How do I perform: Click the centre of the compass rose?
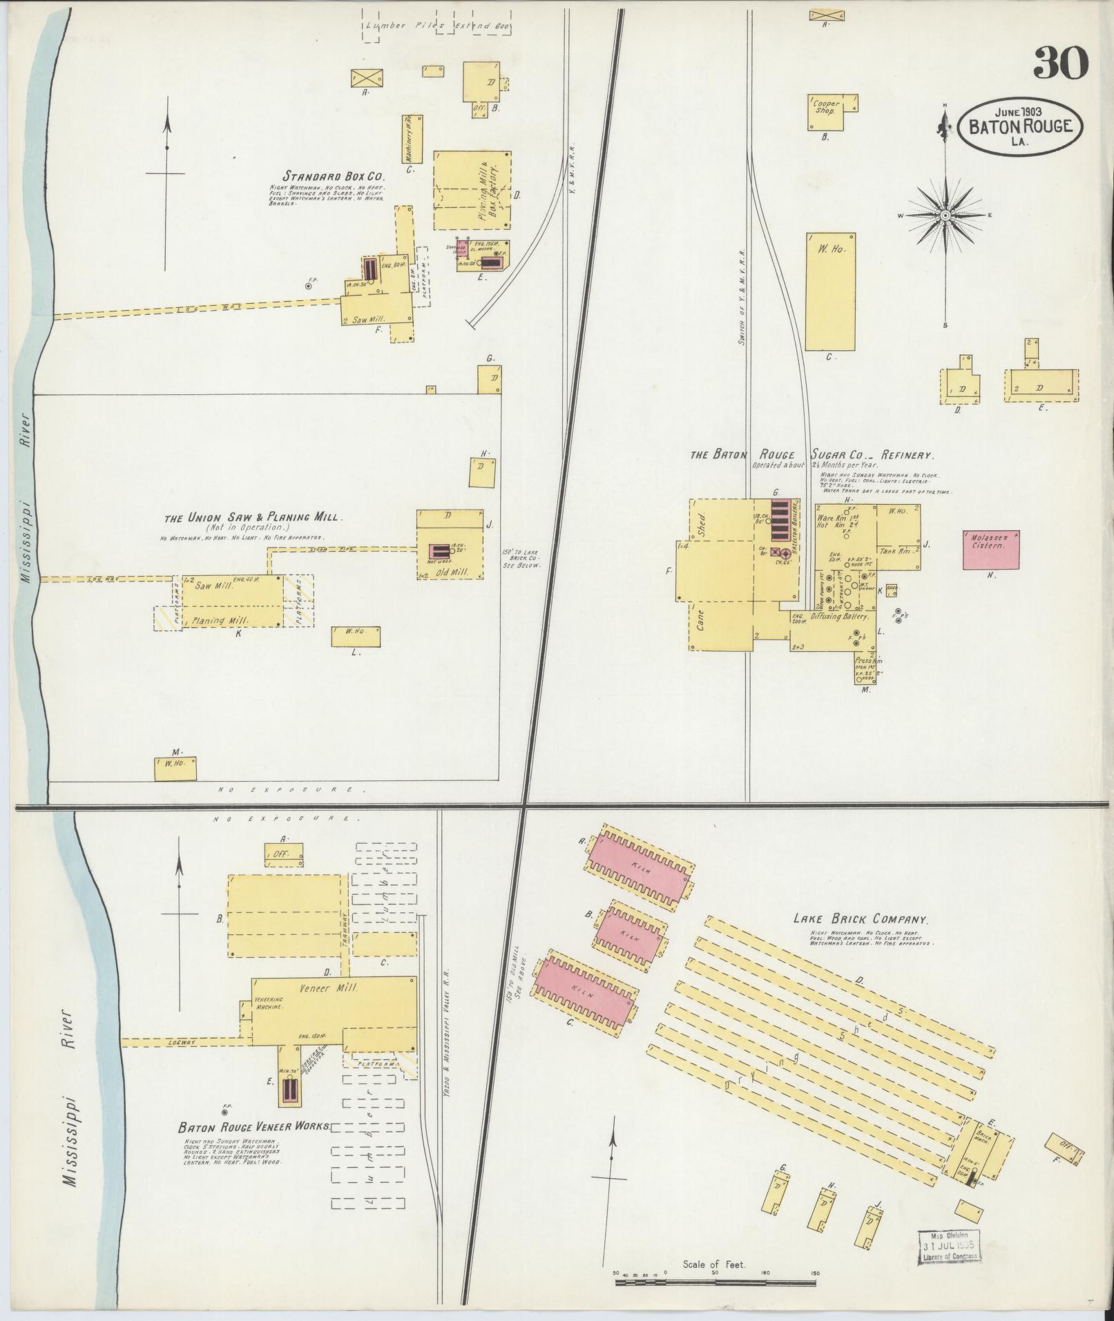pos(945,215)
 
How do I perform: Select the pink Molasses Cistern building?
pos(993,550)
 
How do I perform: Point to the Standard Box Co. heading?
pos(333,175)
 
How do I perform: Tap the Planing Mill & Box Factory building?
pos(473,191)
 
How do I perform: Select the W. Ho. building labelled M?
pos(175,769)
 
